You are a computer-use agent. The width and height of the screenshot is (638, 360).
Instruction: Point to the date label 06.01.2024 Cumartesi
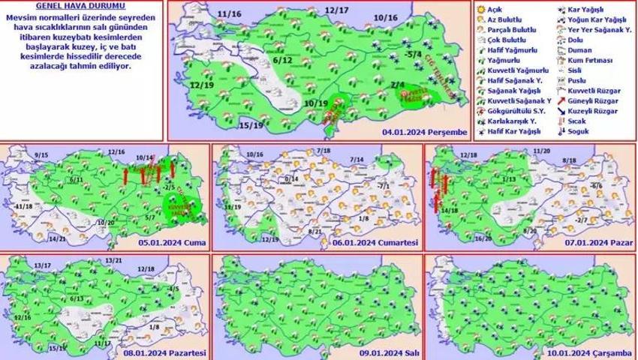[x=377, y=243]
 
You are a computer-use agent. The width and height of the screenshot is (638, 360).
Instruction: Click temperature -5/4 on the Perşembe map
[x=412, y=54]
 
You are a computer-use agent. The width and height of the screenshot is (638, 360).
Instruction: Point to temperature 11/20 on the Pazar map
[x=541, y=151]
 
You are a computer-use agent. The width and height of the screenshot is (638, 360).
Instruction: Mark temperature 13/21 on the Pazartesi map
[x=114, y=259]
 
